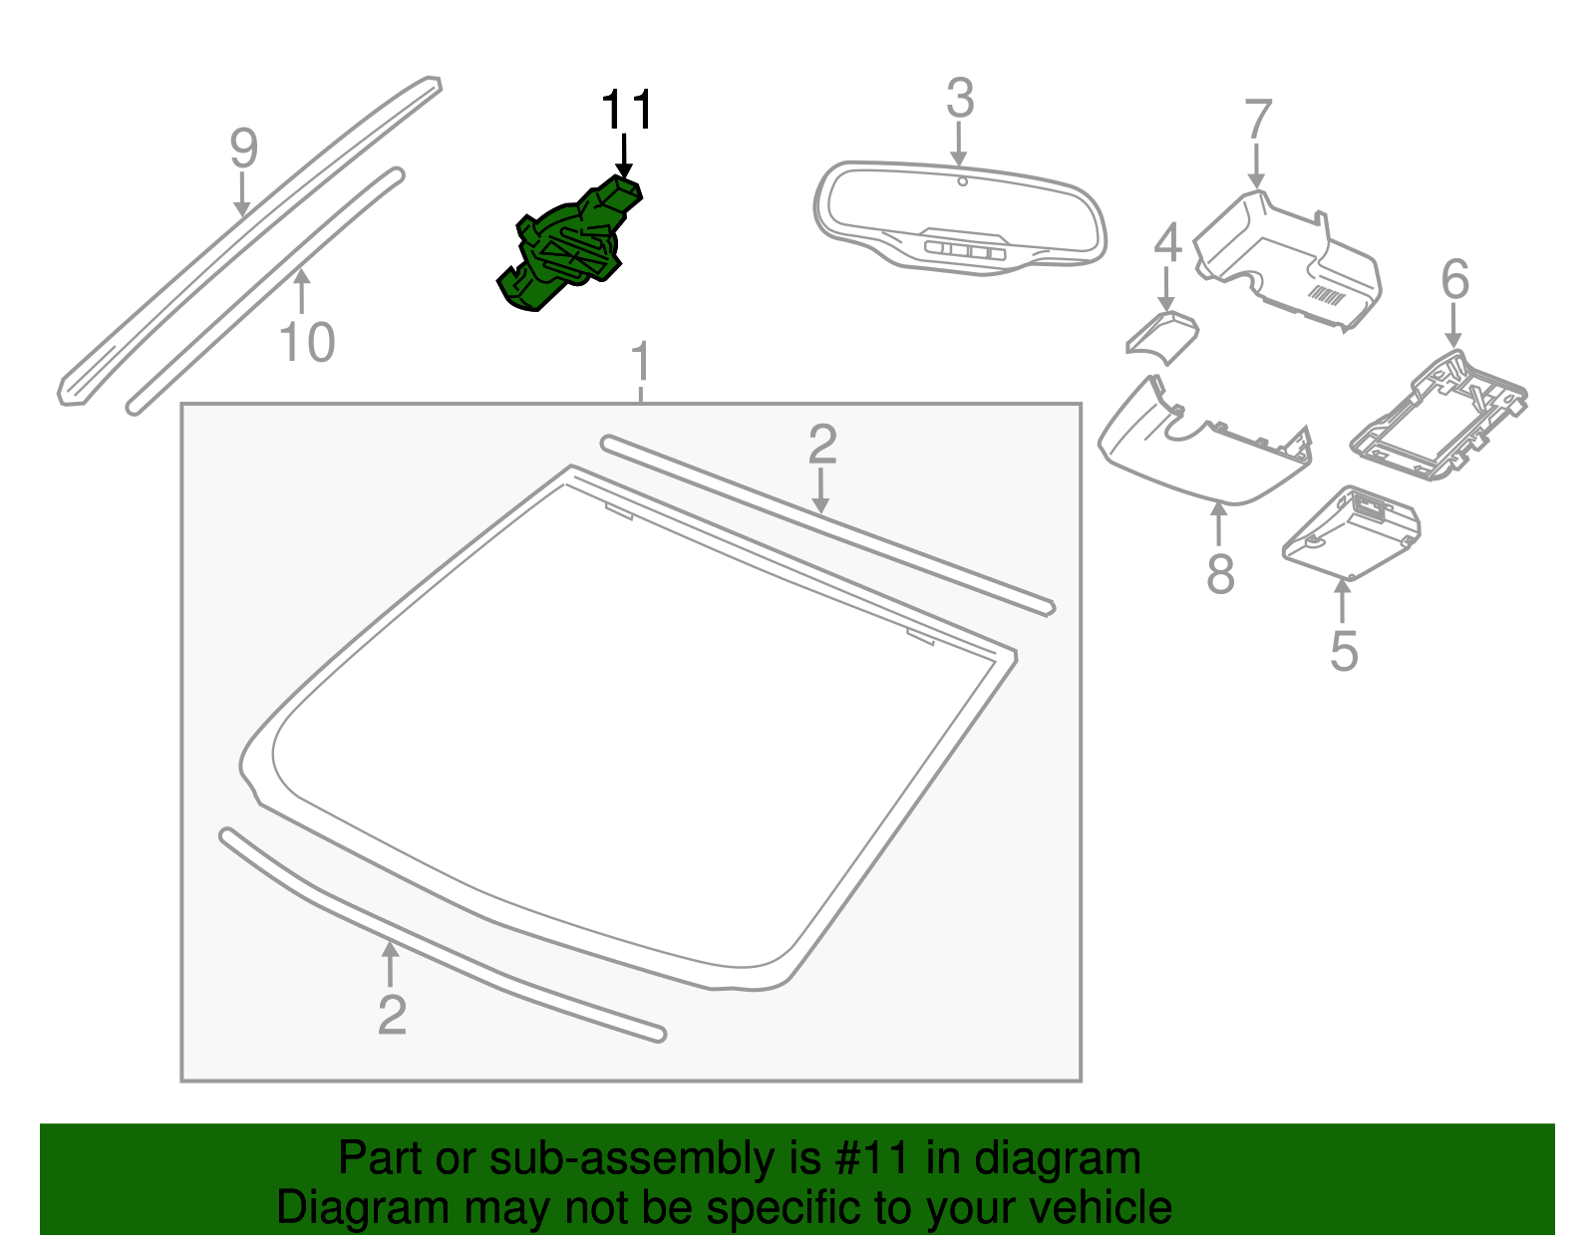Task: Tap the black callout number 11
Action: pos(626,111)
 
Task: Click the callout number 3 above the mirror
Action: pos(959,99)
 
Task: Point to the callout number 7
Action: pos(1258,121)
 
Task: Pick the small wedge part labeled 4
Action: pos(1162,335)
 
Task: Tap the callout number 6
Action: pos(1454,280)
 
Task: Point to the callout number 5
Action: pos(1344,652)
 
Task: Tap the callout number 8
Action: pos(1220,575)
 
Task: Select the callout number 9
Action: pos(243,149)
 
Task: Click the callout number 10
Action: pos(307,344)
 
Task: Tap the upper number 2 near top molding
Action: pos(821,445)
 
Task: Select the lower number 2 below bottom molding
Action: pos(392,1016)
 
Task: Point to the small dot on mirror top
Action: pos(962,181)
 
